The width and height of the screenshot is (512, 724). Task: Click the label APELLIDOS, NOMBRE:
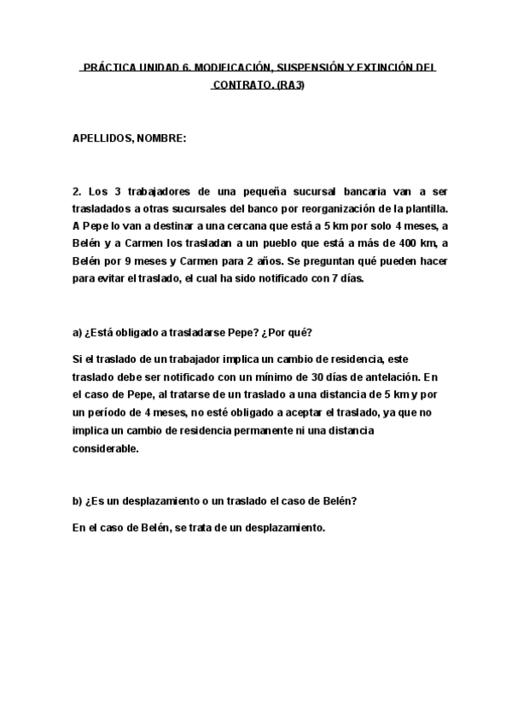coord(129,138)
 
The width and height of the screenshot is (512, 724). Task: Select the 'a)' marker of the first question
coord(77,330)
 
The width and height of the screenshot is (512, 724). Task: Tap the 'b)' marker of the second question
coord(77,501)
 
